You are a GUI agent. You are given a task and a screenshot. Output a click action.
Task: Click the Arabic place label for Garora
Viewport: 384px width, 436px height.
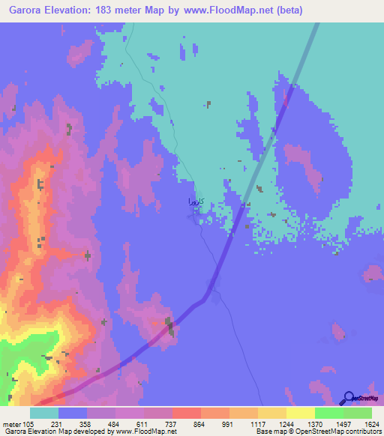[193, 202]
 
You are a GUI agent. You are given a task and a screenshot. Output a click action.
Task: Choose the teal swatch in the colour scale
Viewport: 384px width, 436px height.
[44, 413]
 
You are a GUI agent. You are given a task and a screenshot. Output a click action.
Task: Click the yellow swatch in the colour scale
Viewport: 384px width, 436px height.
[301, 413]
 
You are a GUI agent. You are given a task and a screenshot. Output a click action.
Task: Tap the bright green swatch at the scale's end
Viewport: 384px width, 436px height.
[358, 413]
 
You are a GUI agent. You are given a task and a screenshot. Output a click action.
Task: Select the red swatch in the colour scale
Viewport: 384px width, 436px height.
[186, 413]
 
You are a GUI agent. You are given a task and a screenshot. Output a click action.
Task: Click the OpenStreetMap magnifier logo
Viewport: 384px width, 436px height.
[348, 398]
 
